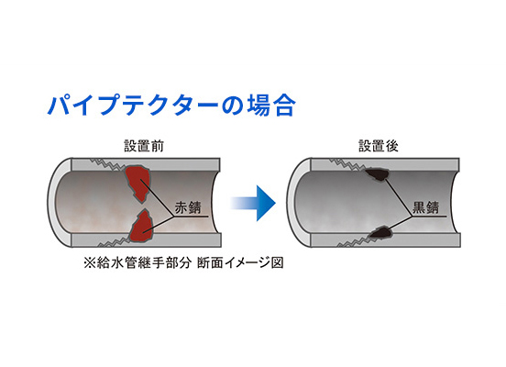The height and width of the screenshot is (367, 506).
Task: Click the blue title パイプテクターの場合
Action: tap(171, 106)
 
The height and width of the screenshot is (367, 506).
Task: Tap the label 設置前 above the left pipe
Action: tap(144, 146)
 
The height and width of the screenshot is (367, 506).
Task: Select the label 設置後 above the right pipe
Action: tap(379, 146)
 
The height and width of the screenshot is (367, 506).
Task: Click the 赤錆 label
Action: tap(188, 207)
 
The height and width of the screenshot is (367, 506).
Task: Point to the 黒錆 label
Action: tap(426, 207)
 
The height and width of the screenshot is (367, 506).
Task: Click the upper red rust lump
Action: tap(138, 183)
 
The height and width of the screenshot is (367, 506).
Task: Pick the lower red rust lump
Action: tap(140, 226)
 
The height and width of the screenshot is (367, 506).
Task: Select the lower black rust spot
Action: tap(380, 233)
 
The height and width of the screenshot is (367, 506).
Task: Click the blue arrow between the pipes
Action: tap(253, 203)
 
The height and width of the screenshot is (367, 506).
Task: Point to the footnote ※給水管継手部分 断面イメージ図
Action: tap(183, 263)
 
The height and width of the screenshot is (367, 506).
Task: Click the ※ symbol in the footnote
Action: tap(90, 263)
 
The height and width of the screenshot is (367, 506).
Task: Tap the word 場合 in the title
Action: tap(271, 106)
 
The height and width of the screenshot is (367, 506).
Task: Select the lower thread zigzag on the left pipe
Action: tap(114, 241)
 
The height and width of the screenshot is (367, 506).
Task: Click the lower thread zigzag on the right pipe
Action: tap(354, 241)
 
